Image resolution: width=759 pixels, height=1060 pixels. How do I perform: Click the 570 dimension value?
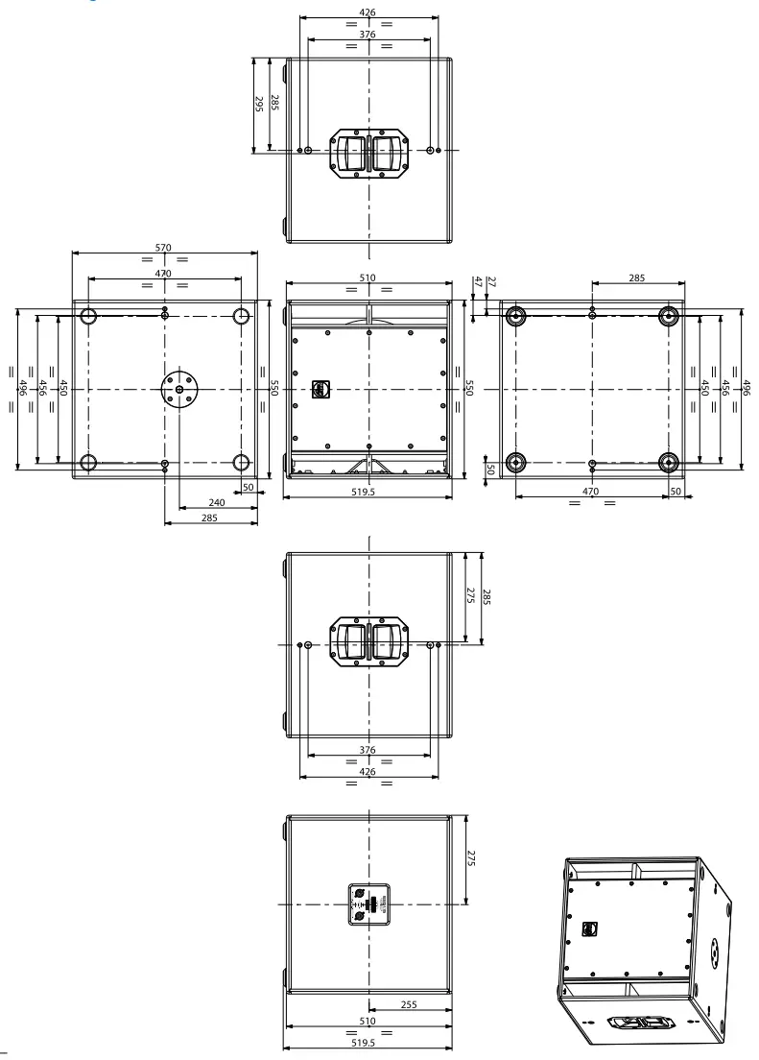[163, 248]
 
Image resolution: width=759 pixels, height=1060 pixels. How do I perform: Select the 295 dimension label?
[258, 104]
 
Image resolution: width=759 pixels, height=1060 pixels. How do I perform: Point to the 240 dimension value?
[218, 503]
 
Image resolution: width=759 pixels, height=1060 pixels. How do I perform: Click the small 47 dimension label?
[477, 281]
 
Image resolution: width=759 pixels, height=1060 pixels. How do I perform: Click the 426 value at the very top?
[368, 12]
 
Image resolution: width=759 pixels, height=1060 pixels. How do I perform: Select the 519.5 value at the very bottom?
[367, 1042]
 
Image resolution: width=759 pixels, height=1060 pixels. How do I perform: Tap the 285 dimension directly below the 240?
[209, 518]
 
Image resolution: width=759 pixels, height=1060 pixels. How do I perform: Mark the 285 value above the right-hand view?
[637, 278]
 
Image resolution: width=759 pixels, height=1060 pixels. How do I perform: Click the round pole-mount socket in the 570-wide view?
[179, 389]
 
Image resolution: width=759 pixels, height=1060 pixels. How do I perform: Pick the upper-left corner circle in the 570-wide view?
[88, 316]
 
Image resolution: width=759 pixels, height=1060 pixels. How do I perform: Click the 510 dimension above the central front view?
[368, 277]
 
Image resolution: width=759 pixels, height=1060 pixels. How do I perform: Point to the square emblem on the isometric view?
[589, 928]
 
